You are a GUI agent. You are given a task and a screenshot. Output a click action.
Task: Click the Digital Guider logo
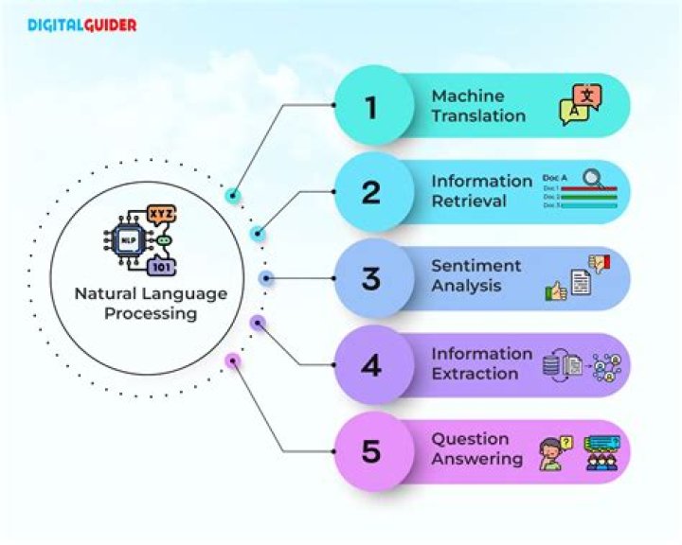point(81,26)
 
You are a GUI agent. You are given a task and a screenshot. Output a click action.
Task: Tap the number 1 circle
point(370,107)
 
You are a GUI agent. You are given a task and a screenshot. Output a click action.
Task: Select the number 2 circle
point(370,193)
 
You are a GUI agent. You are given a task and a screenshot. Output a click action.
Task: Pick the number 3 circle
point(370,279)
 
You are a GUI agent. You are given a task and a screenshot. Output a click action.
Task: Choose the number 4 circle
point(370,365)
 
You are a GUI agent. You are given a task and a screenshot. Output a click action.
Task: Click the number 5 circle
point(370,451)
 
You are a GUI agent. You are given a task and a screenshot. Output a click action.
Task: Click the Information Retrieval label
point(481,191)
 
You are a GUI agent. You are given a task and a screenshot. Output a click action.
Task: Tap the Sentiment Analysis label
point(476,276)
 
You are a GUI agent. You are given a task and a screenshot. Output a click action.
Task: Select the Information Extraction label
point(481,363)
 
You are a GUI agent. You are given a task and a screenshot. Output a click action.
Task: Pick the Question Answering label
point(477,449)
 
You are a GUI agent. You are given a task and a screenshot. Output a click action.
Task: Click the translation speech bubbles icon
point(581,105)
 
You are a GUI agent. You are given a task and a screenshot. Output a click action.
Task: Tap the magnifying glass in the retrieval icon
point(594,177)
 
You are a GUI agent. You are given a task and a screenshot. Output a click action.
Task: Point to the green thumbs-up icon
point(556,290)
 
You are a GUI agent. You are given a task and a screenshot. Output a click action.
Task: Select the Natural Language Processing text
point(152,303)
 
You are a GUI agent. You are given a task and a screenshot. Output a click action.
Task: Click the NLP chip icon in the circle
point(127,242)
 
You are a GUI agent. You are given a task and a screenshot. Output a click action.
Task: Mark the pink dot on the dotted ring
point(231,360)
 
